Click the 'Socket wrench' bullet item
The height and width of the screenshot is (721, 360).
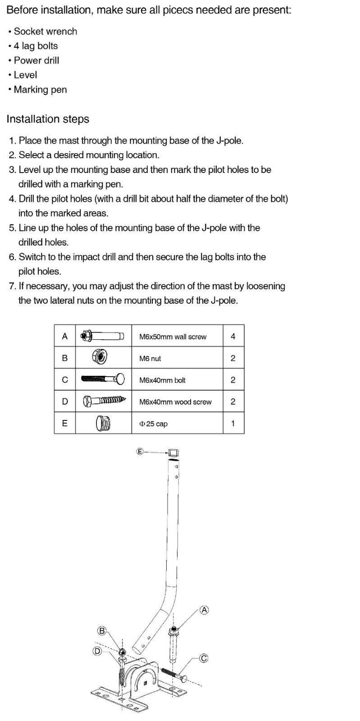click(45, 32)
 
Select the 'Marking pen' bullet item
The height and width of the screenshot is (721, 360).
click(40, 90)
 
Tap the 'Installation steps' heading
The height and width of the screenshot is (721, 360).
click(48, 119)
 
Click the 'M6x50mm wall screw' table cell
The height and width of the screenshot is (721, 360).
click(173, 337)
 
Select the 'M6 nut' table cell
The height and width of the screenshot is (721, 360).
click(150, 359)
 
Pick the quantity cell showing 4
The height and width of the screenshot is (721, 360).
click(233, 336)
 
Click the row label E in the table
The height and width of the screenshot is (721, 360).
click(65, 423)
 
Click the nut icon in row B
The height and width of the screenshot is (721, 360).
click(100, 358)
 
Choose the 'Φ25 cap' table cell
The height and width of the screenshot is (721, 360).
click(154, 424)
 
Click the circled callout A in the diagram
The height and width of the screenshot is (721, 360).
click(205, 610)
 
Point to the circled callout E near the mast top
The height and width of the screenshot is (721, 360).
click(140, 451)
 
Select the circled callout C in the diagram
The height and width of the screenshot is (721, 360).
click(204, 658)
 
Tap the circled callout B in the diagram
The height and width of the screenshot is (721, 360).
click(102, 631)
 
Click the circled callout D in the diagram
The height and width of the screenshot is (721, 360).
click(97, 651)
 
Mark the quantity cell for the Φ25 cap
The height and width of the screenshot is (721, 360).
click(233, 423)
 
